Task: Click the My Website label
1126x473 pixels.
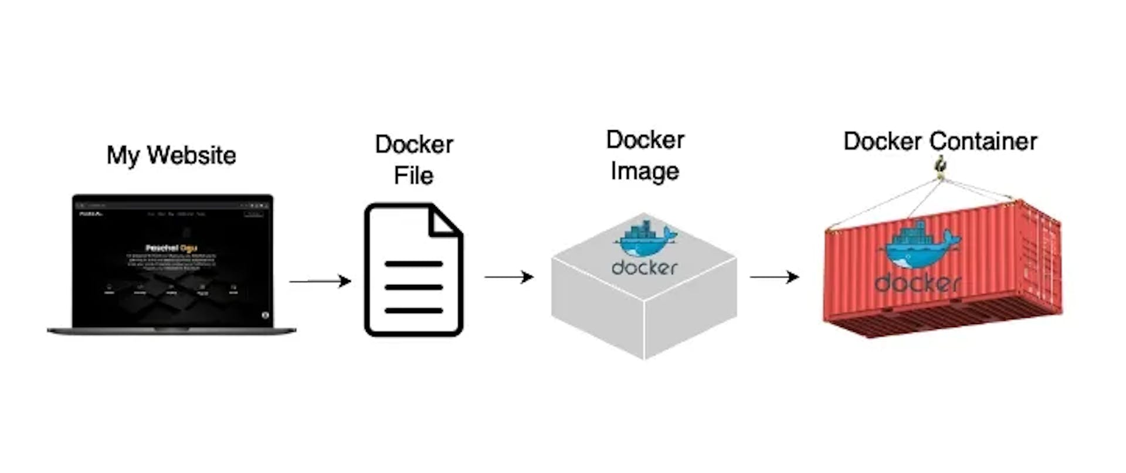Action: pyautogui.click(x=171, y=155)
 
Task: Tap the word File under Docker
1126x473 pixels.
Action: pyautogui.click(x=413, y=175)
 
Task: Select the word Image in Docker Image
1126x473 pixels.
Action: pyautogui.click(x=645, y=171)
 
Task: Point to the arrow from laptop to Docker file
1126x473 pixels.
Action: pyautogui.click(x=320, y=281)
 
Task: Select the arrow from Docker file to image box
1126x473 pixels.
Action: pyautogui.click(x=508, y=277)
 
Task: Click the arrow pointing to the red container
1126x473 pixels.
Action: pyautogui.click(x=774, y=277)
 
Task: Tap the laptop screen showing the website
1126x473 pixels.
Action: pyautogui.click(x=172, y=261)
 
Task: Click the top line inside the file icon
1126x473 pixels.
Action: pyautogui.click(x=413, y=264)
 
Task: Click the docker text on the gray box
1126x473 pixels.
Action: pyautogui.click(x=645, y=268)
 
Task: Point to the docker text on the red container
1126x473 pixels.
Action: pyautogui.click(x=917, y=284)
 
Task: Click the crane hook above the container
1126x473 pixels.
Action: pyautogui.click(x=940, y=166)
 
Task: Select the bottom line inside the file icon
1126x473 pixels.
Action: pyautogui.click(x=413, y=310)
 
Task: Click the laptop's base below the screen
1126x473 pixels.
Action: pyautogui.click(x=171, y=331)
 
